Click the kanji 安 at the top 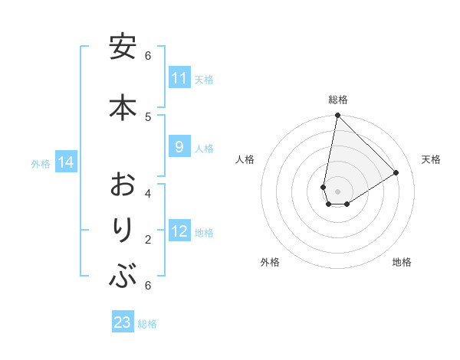point(123,47)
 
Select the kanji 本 point(123,106)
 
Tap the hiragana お point(123,185)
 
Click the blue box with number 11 point(179,78)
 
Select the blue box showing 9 point(179,147)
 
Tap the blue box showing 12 point(179,231)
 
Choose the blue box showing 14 point(65,162)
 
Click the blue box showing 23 point(123,322)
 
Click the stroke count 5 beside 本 point(148,116)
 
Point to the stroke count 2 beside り point(148,240)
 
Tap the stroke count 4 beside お point(148,193)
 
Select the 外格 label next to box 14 point(41,163)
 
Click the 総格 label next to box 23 point(147,323)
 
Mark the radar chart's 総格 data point point(337,116)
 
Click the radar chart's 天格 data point point(396,173)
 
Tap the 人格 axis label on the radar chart point(245,159)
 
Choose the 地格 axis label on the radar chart point(402,262)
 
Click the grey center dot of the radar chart point(337,191)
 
